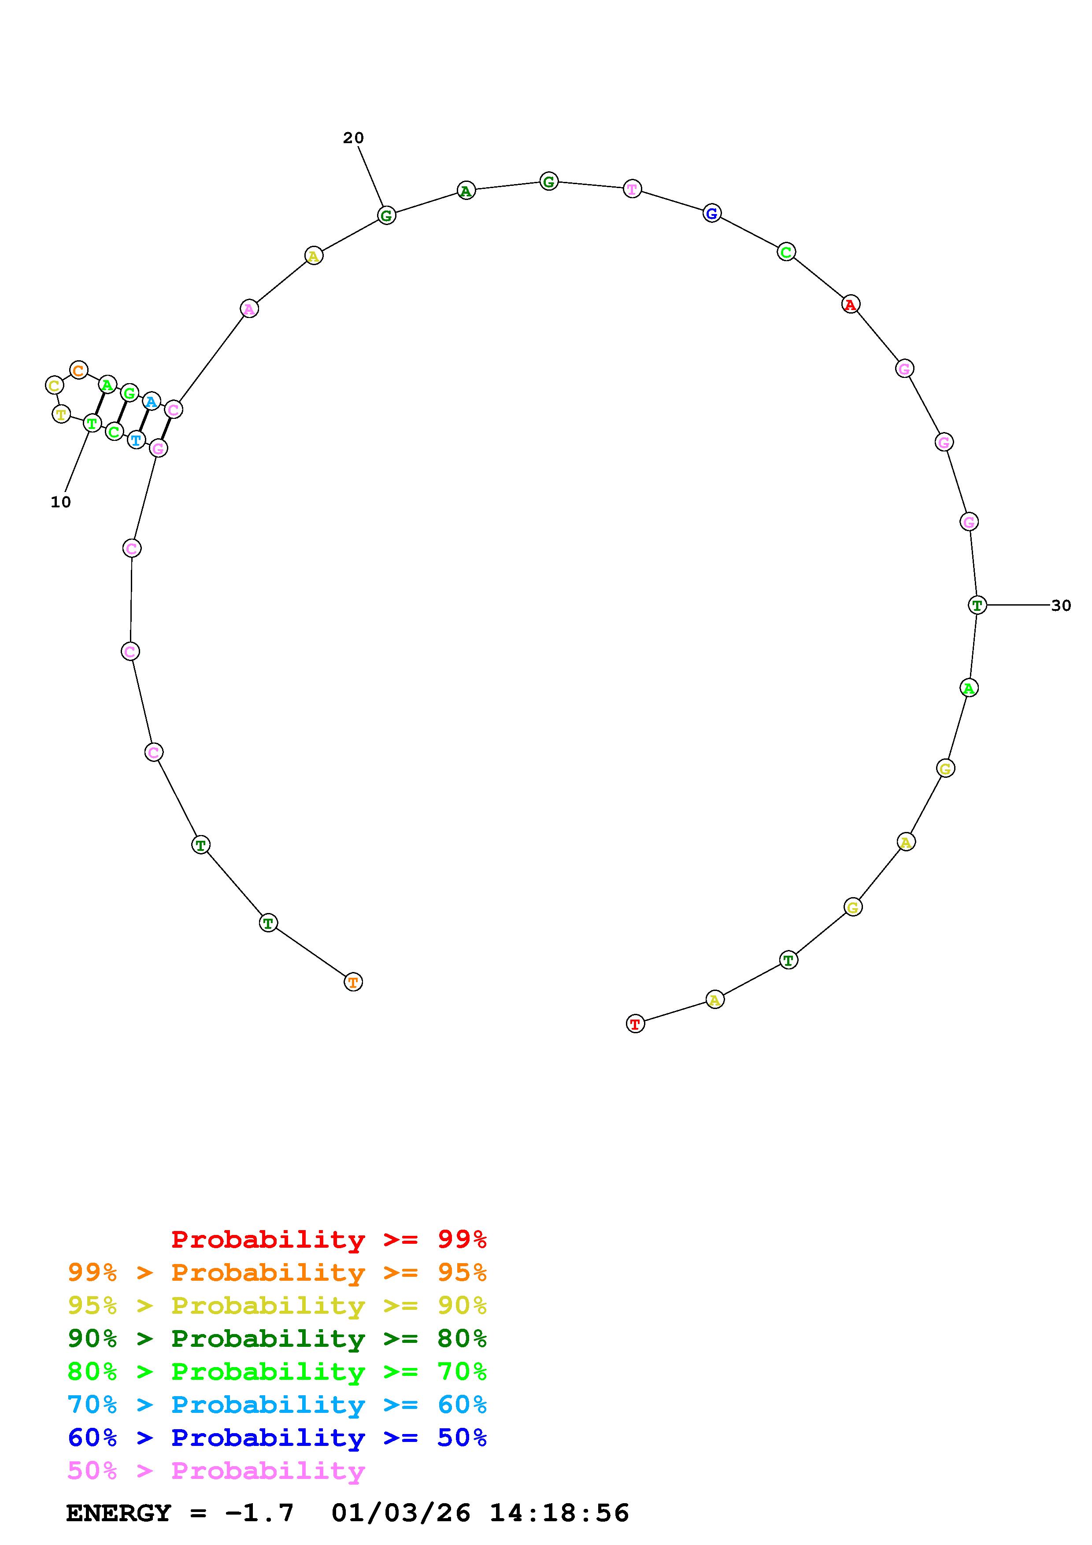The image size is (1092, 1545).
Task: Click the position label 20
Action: tap(353, 138)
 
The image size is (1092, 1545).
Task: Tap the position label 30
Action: tap(1061, 606)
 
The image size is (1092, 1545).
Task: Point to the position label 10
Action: tap(60, 502)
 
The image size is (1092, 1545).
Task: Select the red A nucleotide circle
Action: tap(851, 305)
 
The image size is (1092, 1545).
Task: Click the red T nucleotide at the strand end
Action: tap(635, 1024)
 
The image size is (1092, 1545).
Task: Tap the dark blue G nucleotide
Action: tap(712, 213)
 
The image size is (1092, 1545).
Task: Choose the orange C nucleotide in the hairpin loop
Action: tap(79, 370)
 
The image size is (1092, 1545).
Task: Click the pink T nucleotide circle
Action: tap(632, 189)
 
